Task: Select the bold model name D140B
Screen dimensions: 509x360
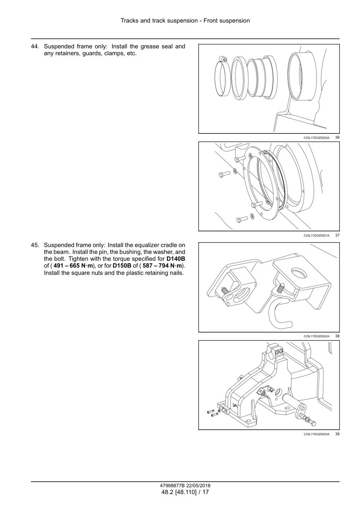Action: [x=175, y=259]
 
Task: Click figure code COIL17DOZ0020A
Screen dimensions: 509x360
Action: [x=316, y=138]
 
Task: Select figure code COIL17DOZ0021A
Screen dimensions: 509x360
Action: [x=316, y=235]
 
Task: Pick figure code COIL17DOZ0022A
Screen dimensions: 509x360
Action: [x=316, y=336]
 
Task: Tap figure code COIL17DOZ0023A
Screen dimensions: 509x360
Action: [x=316, y=434]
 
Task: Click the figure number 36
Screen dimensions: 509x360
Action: [x=337, y=138]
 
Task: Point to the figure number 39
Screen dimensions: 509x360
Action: [x=337, y=434]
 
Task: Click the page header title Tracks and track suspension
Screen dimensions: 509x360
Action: [x=159, y=21]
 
